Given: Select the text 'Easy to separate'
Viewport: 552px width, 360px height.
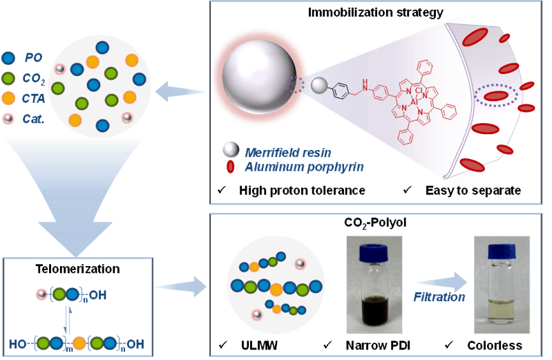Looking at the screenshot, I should point(470,189).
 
